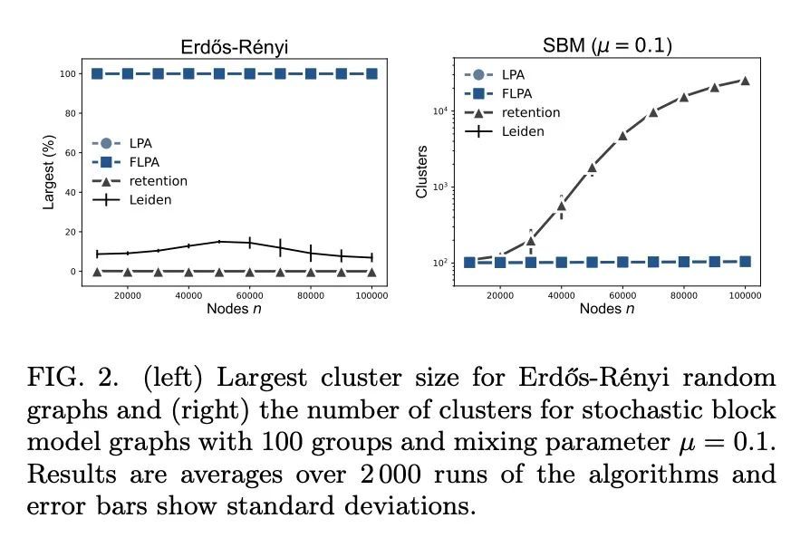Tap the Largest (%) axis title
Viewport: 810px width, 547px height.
click(50, 172)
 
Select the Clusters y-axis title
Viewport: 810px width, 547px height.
click(421, 172)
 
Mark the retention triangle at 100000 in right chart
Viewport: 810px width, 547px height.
click(746, 81)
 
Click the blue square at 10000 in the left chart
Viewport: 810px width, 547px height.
click(97, 73)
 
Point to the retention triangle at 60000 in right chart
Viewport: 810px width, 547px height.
click(622, 135)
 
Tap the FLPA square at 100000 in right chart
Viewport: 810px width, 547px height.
click(746, 261)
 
